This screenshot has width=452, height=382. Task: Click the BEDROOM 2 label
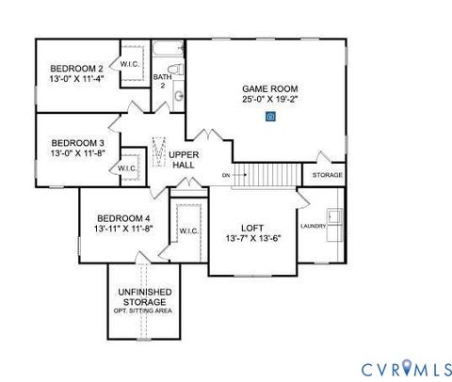coord(76,70)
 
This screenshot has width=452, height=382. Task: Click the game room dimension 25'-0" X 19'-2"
coord(270,100)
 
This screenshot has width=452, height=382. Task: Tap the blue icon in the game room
coord(270,118)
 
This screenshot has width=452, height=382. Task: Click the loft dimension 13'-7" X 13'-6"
coord(251,238)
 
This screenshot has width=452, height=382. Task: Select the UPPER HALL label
coord(183,159)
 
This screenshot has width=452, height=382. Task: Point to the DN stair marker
coord(226,175)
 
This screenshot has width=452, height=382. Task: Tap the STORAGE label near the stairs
coord(327,175)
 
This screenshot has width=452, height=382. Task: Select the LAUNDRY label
coord(313,226)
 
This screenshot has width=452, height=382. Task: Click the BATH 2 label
coord(160,81)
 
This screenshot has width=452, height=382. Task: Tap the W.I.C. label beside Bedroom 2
coord(129,64)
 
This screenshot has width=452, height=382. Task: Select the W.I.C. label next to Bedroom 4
coord(187,231)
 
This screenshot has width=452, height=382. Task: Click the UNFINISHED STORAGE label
coord(144,297)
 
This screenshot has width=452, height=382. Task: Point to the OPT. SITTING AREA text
coord(144,311)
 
